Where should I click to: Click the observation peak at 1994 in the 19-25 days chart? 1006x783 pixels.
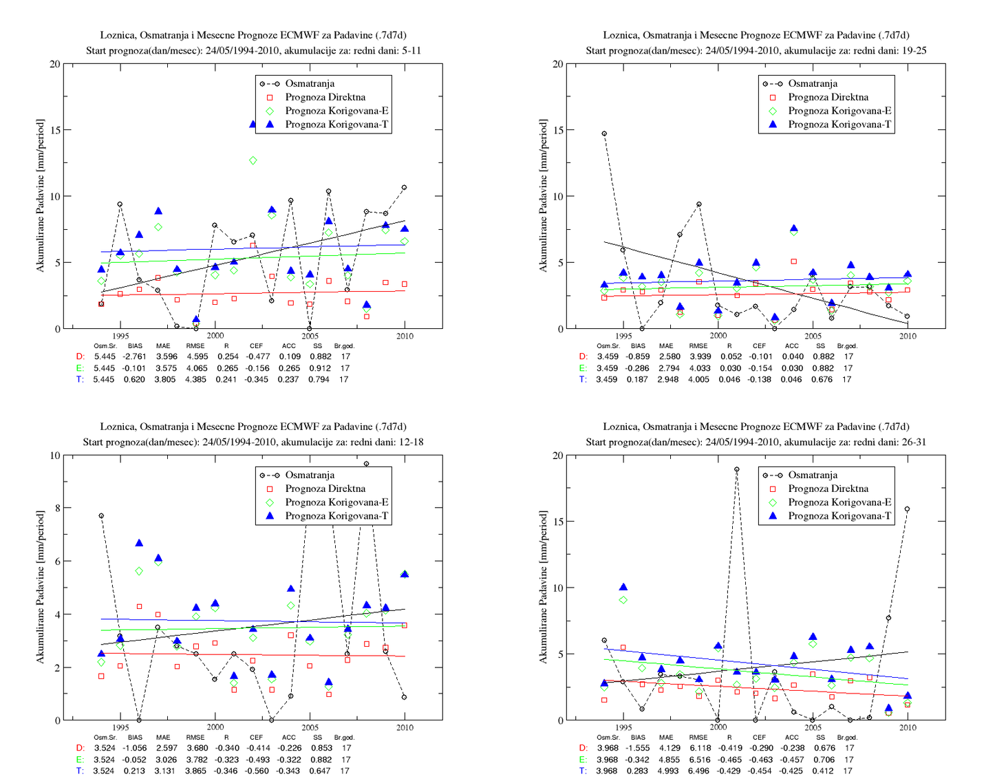[x=604, y=133]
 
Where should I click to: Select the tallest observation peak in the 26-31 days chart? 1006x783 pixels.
[x=736, y=469]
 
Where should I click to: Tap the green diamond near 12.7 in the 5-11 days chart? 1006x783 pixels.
[x=253, y=160]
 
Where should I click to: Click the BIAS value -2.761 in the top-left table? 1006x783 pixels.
[x=134, y=356]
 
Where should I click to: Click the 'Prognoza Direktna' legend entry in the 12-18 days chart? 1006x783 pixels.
[x=325, y=489]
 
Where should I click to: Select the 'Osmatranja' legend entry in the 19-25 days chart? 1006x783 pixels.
[x=813, y=83]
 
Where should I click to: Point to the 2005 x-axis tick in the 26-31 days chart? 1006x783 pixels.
[x=813, y=727]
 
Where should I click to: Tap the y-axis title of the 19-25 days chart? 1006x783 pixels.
[x=543, y=195]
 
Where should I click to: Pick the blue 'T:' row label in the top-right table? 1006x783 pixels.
[x=583, y=379]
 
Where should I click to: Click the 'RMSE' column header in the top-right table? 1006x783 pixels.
[x=698, y=346]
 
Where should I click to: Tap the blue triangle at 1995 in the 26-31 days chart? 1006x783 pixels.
[x=623, y=587]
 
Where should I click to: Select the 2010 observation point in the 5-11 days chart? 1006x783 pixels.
[x=404, y=187]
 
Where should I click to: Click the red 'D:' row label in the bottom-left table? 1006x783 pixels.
[x=80, y=748]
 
